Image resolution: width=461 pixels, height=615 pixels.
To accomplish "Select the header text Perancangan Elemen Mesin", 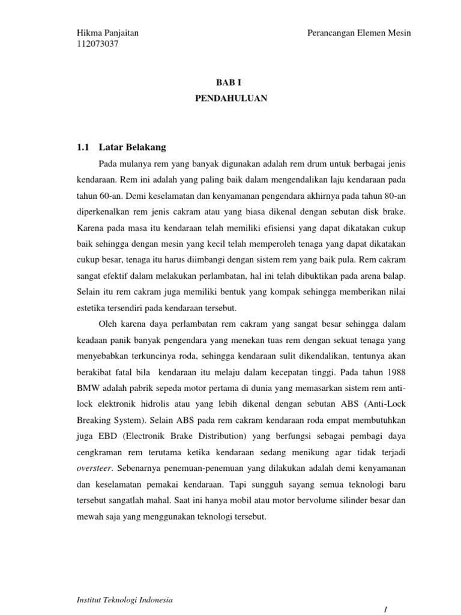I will click(359, 34).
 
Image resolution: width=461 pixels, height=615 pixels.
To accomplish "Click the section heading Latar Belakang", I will click(132, 147).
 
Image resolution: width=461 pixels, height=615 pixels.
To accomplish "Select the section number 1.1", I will click(83, 147).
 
